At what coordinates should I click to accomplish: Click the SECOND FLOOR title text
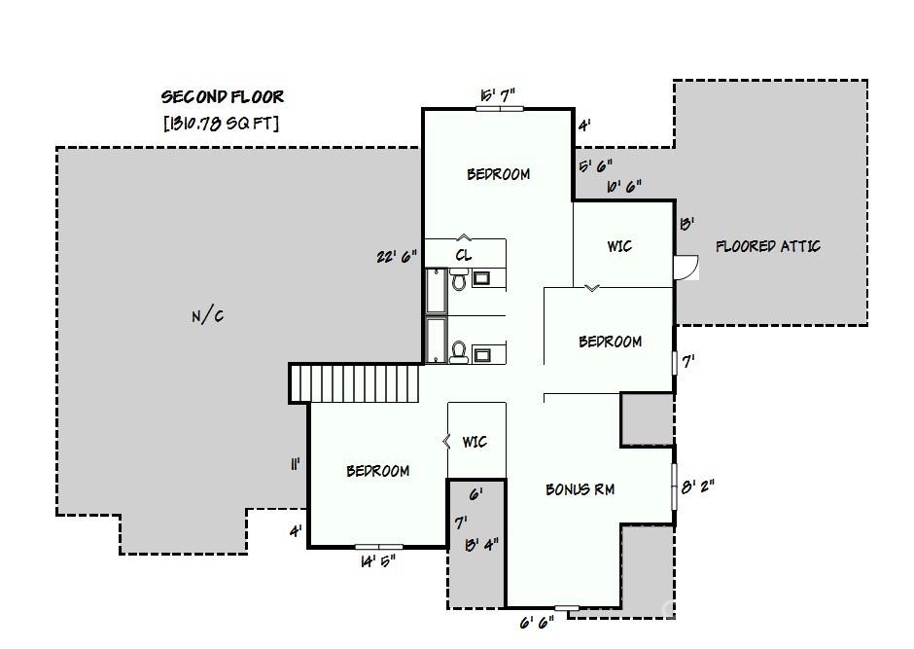point(223,96)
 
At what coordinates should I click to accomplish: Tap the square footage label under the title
point(223,123)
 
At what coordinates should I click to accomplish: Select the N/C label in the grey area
point(207,315)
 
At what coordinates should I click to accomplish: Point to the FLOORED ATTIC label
point(767,246)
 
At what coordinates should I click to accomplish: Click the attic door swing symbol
point(686,267)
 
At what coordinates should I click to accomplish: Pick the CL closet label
point(464,255)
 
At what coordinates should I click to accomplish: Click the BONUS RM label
point(580,489)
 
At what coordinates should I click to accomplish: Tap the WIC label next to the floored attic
point(619,246)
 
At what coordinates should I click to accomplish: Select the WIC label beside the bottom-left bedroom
point(474,442)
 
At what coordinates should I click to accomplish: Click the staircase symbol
point(356,382)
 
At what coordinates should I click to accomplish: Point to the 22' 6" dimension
point(397,257)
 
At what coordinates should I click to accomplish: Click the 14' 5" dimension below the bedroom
point(377,560)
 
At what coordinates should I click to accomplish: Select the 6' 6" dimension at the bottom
point(536,621)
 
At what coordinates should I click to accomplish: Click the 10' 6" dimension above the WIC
point(623,186)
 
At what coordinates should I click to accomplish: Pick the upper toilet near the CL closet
point(458,280)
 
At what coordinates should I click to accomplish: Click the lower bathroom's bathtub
point(436,340)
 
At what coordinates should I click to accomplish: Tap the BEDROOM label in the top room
point(498,174)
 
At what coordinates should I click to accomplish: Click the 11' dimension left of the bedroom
point(294,465)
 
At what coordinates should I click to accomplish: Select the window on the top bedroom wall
point(499,109)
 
